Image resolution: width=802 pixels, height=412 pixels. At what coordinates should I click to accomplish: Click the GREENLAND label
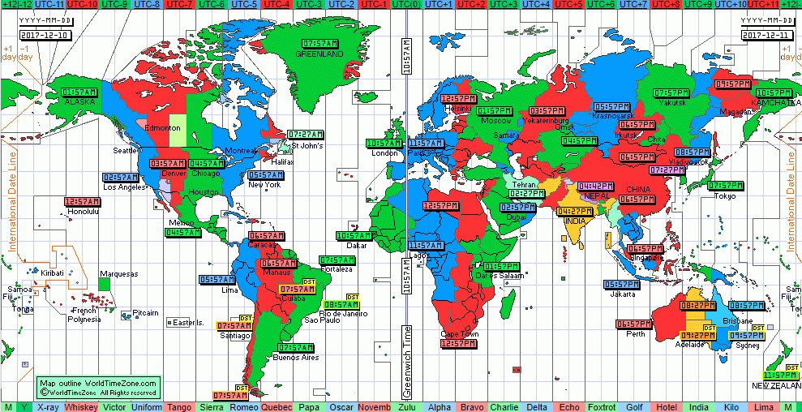[319, 54]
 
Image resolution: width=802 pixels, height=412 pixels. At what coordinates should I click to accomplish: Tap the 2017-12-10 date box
[46, 35]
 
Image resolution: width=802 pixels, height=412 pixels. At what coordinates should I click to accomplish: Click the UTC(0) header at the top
[405, 5]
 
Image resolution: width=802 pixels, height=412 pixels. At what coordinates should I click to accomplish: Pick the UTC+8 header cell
[666, 5]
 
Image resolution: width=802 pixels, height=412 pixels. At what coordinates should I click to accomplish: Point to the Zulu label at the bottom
[408, 406]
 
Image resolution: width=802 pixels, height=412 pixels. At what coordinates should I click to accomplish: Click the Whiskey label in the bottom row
[82, 406]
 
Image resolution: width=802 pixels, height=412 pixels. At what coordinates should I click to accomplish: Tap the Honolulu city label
[82, 212]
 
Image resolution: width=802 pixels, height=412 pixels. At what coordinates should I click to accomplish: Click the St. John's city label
[307, 146]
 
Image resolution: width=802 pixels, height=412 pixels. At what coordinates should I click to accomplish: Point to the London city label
[384, 153]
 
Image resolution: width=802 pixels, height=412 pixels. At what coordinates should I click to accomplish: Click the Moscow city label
[496, 121]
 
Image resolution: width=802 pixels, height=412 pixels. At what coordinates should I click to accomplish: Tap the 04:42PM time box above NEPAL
[594, 186]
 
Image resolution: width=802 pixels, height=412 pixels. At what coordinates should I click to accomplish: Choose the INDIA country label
[577, 221]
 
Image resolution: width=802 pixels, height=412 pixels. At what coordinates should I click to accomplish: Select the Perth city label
[635, 333]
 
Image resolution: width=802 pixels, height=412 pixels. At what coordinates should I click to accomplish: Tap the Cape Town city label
[459, 334]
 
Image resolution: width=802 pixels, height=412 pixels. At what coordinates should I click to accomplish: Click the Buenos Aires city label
[294, 358]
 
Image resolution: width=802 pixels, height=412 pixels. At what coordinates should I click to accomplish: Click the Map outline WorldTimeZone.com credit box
[100, 387]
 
